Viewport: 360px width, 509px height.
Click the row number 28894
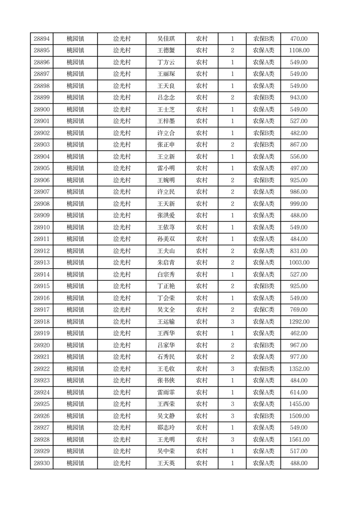[42, 39]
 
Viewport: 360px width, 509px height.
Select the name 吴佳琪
[165, 39]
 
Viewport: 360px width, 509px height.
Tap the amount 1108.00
[299, 51]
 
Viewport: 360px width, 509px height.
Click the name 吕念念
[165, 98]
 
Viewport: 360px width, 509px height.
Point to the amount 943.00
[299, 98]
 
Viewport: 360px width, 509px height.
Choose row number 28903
[42, 145]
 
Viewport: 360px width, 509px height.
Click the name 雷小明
[165, 169]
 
